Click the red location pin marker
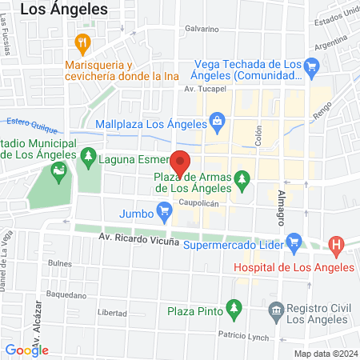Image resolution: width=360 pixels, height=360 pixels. tap(181, 162)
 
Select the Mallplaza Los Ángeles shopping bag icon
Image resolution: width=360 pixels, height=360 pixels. tap(216, 122)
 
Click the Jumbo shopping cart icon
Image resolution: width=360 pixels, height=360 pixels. tap(165, 213)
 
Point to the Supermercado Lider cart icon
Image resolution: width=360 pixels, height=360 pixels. tap(294, 240)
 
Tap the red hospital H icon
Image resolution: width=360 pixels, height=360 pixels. tap(337, 244)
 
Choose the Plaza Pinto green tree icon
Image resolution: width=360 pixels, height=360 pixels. tap(234, 307)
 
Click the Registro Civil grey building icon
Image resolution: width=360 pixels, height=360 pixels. tap(277, 309)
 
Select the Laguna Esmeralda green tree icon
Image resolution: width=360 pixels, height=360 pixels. tap(87, 158)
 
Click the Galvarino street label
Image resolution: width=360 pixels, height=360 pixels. tap(202, 29)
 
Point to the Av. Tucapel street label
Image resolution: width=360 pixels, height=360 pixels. tap(203, 89)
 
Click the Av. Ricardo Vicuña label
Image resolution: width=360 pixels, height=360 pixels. tap(139, 238)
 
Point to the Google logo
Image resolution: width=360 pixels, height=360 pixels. tap(27, 349)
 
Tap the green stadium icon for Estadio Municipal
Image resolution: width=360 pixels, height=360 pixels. tap(58, 170)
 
